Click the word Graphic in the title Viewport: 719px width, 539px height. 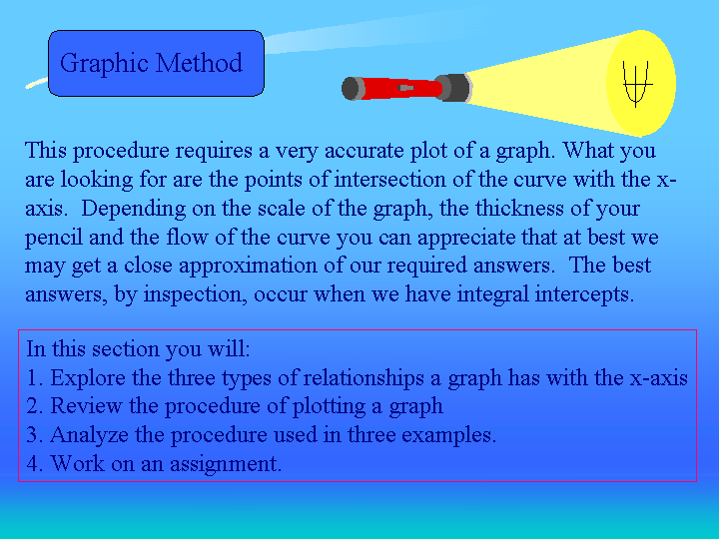pyautogui.click(x=104, y=63)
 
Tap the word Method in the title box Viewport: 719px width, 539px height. pyautogui.click(x=199, y=62)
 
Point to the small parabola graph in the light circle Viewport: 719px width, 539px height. pyautogui.click(x=637, y=84)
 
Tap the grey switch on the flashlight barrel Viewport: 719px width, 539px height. pyautogui.click(x=406, y=88)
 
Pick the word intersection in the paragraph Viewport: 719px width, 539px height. pyautogui.click(x=389, y=180)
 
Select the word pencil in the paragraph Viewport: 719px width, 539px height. pyautogui.click(x=54, y=238)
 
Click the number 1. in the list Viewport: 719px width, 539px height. pyautogui.click(x=35, y=378)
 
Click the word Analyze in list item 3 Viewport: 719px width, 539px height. pyautogui.click(x=90, y=435)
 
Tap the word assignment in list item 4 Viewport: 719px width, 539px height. pyautogui.click(x=226, y=464)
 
